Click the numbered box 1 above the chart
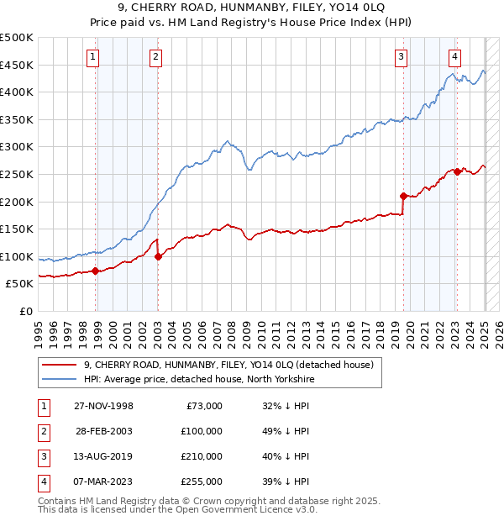pos(92,57)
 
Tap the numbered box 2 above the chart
pos(156,57)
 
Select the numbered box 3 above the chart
pos(402,57)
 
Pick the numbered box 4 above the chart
pos(454,57)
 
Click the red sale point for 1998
pos(96,271)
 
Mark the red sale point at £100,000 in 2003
pos(159,256)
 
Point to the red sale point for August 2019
pos(404,196)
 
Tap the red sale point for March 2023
pos(457,171)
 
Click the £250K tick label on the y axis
pos(17,174)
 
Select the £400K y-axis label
pos(17,92)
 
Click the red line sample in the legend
pos(59,364)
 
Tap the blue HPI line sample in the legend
pos(59,380)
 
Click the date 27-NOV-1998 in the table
pos(104,406)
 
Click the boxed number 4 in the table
pos(42,482)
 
